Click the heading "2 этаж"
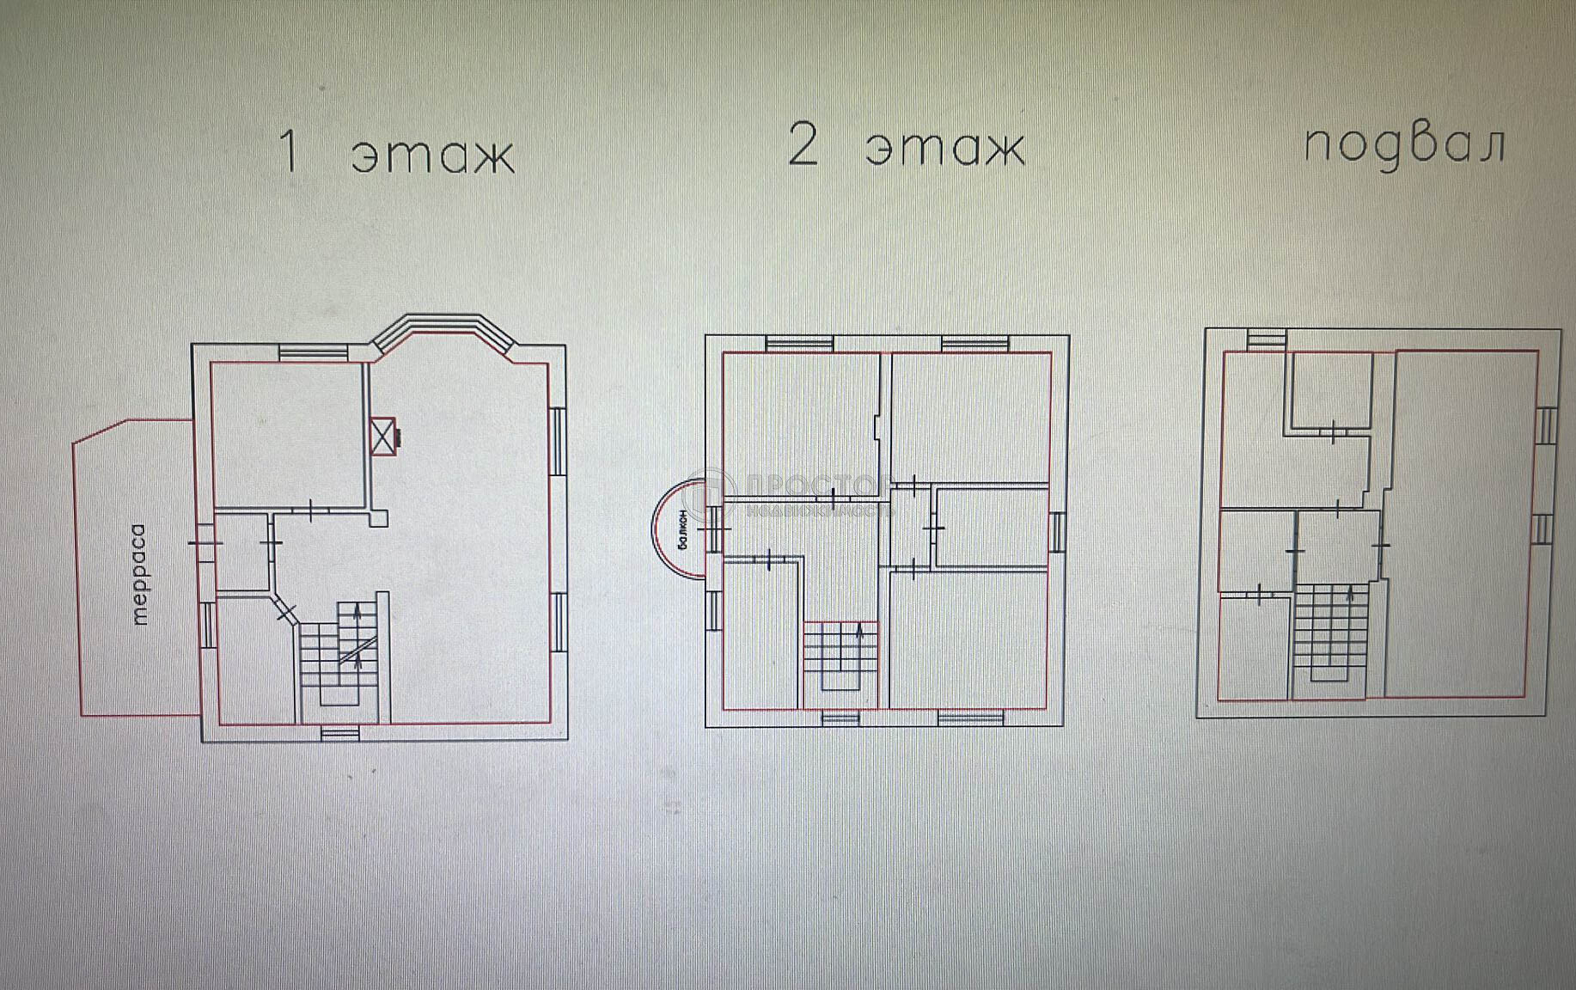click(x=907, y=146)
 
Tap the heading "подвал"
click(x=1404, y=144)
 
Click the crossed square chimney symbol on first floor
click(x=382, y=436)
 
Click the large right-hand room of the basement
click(x=1461, y=524)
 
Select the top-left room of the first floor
click(x=288, y=434)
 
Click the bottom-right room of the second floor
click(x=969, y=640)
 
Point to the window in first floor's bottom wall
click(x=340, y=733)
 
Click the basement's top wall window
click(x=1267, y=339)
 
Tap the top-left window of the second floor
click(x=799, y=344)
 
